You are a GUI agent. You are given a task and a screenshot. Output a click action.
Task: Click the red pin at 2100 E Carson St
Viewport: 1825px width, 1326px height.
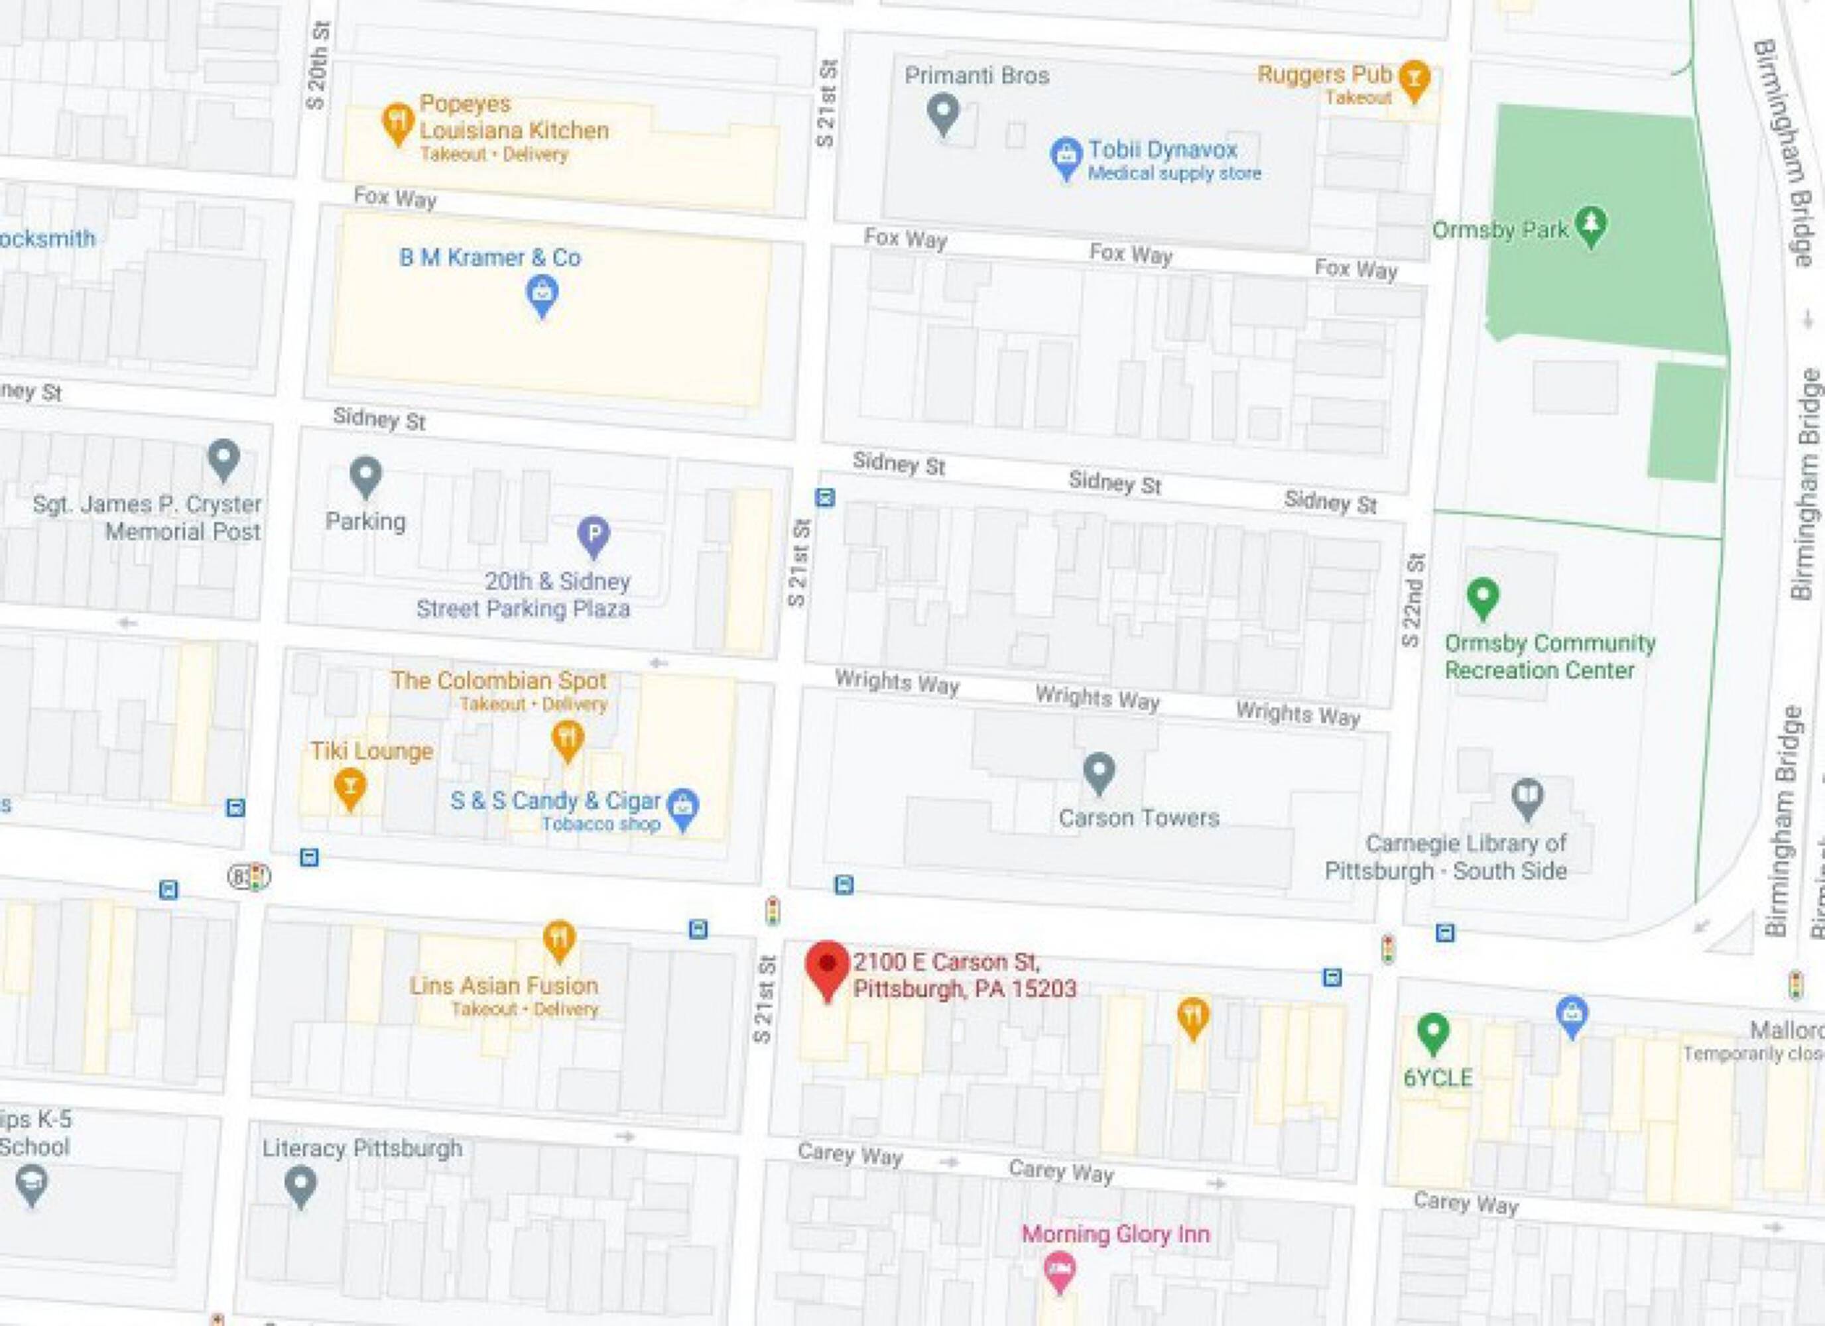click(x=827, y=965)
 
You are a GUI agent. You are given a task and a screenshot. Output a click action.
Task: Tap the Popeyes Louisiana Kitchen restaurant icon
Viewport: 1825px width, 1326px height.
click(x=397, y=122)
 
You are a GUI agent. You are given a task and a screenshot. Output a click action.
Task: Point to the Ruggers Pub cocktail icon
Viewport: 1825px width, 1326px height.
click(x=1414, y=79)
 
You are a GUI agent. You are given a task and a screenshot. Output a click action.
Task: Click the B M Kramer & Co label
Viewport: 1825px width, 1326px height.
click(x=490, y=257)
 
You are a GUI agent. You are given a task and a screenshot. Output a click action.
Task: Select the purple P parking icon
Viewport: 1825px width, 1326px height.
click(x=594, y=535)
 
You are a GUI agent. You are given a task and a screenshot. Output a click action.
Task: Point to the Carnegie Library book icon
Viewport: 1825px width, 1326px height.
click(x=1527, y=798)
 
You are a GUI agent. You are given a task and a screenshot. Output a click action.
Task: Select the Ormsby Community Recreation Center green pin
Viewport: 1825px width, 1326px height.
click(x=1483, y=598)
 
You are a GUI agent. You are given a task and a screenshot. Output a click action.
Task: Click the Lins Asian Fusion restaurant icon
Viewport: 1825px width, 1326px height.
click(x=559, y=939)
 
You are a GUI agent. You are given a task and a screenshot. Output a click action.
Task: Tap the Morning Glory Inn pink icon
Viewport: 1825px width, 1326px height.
click(x=1059, y=1270)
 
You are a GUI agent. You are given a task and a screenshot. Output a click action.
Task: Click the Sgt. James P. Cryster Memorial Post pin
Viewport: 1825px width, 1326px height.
click(x=223, y=458)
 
